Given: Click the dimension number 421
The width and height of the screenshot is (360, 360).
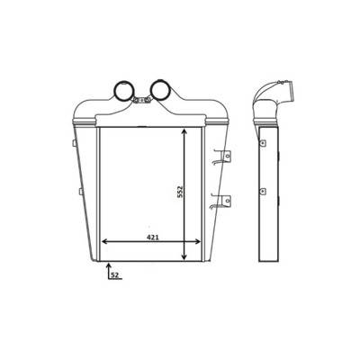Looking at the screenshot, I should click(x=152, y=236).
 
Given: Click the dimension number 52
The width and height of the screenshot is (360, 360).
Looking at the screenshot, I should click(x=115, y=275).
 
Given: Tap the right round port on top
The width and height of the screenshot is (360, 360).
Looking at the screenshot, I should click(x=161, y=90).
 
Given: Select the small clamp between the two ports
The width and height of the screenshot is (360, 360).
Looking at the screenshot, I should click(x=141, y=101).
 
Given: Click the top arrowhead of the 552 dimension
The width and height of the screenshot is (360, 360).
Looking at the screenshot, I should click(x=185, y=132).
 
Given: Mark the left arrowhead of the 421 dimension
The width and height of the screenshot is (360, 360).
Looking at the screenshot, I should click(x=103, y=242).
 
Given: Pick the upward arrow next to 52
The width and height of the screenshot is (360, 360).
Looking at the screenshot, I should click(x=108, y=266).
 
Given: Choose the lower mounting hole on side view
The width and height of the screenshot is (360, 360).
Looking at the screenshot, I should click(x=262, y=191).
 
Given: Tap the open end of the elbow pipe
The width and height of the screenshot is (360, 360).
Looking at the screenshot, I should click(x=290, y=90).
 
